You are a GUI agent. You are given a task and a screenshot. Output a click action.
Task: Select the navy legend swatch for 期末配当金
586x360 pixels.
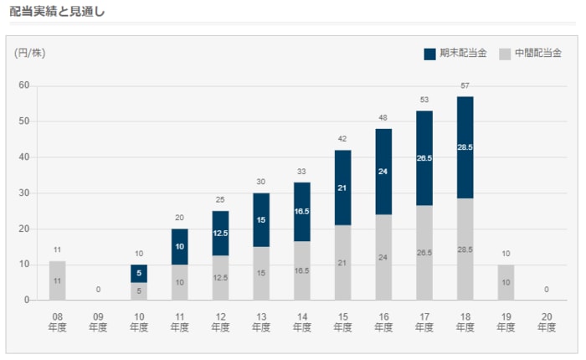pyautogui.click(x=429, y=54)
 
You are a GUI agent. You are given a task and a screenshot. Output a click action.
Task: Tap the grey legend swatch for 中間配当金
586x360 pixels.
pyautogui.click(x=505, y=54)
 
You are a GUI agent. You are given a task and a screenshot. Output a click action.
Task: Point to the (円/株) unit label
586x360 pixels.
pyautogui.click(x=30, y=54)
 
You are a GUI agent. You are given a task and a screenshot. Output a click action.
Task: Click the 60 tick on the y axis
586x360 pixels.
pyautogui.click(x=23, y=85)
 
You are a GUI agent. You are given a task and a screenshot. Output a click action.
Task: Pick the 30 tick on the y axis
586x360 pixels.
pyautogui.click(x=23, y=193)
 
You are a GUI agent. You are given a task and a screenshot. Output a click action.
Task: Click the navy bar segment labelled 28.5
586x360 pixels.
pyautogui.click(x=465, y=147)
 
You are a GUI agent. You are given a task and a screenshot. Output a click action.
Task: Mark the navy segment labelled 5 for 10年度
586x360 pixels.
pyautogui.click(x=139, y=273)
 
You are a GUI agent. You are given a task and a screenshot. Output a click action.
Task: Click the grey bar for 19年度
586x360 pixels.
pyautogui.click(x=506, y=282)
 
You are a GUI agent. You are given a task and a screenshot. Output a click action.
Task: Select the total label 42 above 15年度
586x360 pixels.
pyautogui.click(x=342, y=139)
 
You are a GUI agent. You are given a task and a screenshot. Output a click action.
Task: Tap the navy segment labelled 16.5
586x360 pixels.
pyautogui.click(x=301, y=212)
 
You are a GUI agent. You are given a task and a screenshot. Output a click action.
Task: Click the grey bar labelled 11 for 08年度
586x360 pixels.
pyautogui.click(x=57, y=280)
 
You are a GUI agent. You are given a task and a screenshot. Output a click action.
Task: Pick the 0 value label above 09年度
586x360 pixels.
pyautogui.click(x=98, y=290)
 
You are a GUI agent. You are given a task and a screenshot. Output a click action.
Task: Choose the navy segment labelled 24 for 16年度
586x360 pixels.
pyautogui.click(x=383, y=172)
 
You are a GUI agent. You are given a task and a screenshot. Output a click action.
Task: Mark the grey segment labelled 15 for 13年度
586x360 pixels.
pyautogui.click(x=261, y=273)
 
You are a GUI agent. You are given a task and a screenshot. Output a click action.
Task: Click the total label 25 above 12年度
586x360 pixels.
pyautogui.click(x=220, y=200)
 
